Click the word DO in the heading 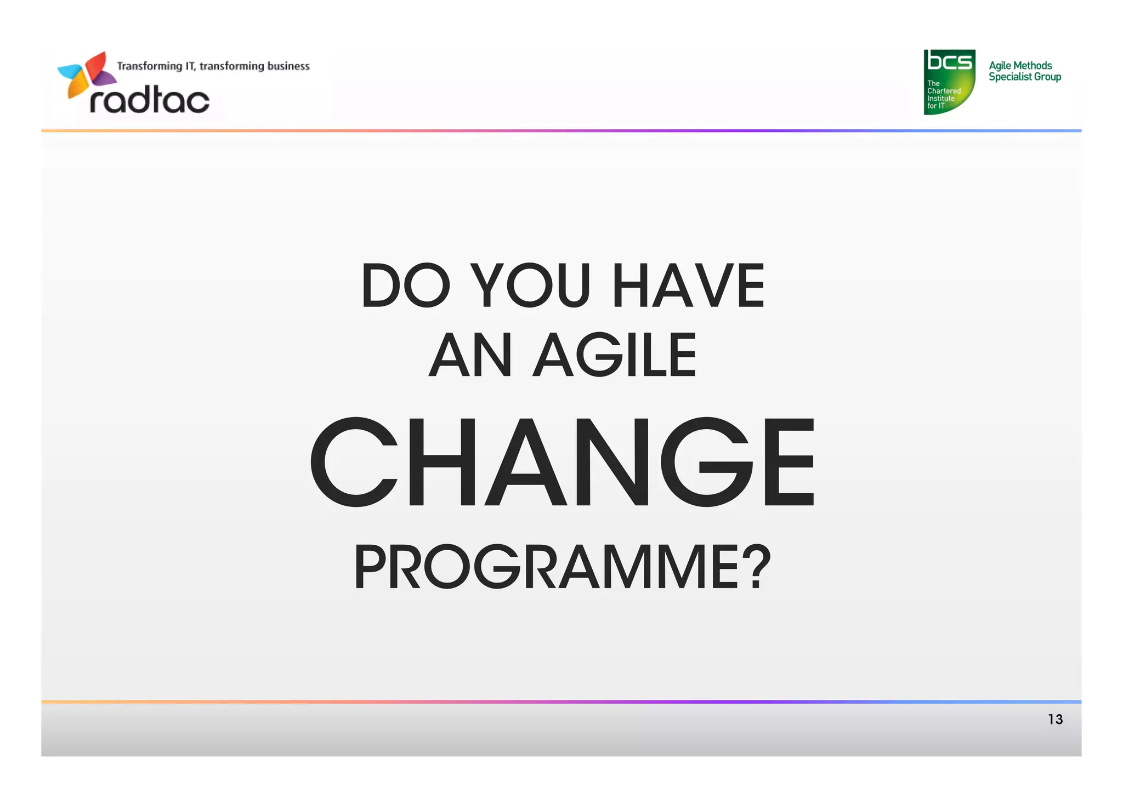coord(405,286)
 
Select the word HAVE coord(688,286)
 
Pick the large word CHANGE coord(561,461)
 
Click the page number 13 coord(1055,719)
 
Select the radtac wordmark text coord(150,100)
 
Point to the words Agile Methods coord(1020,65)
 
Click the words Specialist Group coord(1024,77)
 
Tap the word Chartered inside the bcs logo coord(944,91)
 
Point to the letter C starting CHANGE coord(354,461)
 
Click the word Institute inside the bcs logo coord(941,99)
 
